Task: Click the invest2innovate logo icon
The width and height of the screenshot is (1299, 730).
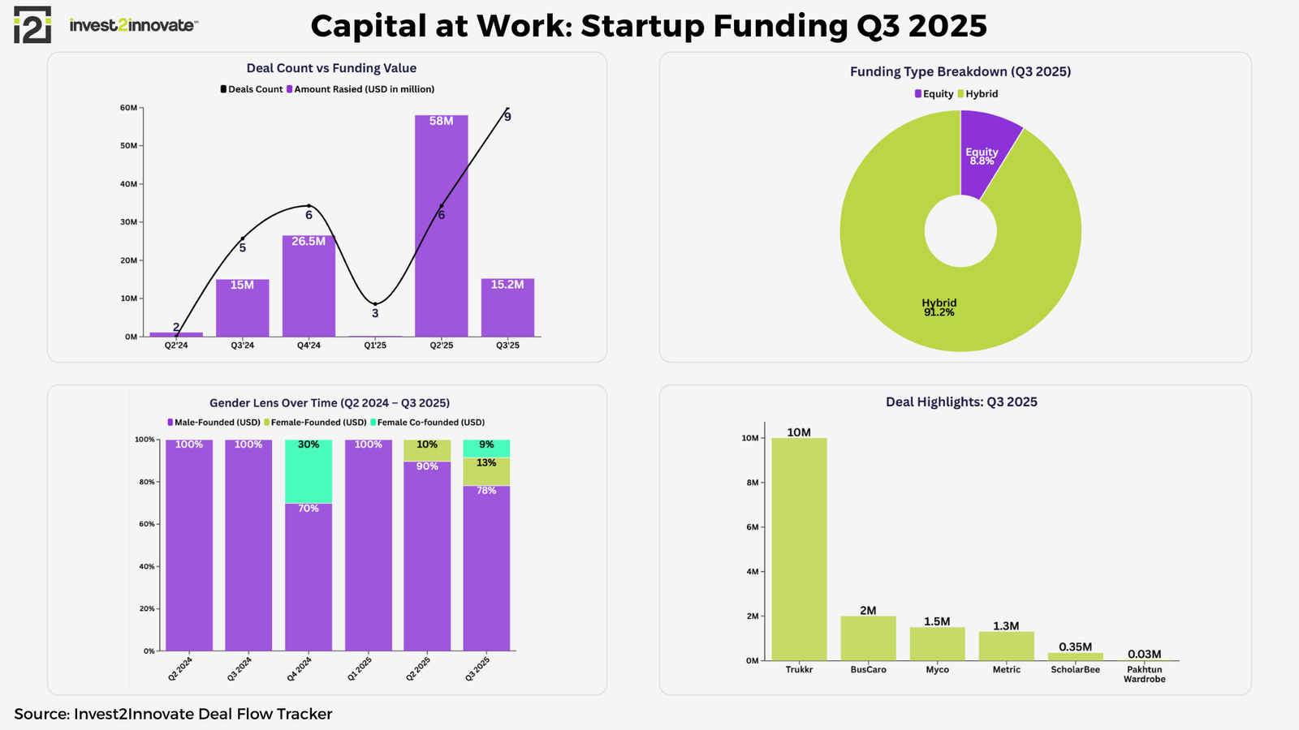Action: tap(32, 24)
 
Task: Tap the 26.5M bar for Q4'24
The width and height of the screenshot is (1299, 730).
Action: tap(309, 288)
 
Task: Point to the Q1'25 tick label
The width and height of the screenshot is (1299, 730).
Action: tap(375, 346)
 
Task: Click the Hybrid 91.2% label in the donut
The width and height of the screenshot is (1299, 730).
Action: tap(939, 307)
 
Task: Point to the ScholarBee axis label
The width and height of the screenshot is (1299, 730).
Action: tap(1075, 670)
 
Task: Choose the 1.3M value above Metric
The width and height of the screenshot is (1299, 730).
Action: tap(1006, 626)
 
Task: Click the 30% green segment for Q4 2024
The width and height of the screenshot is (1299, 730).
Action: tap(309, 472)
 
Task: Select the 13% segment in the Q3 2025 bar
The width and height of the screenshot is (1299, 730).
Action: tap(486, 471)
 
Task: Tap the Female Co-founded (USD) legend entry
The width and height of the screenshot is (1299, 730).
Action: tap(427, 423)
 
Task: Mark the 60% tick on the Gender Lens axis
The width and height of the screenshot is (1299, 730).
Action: tap(146, 525)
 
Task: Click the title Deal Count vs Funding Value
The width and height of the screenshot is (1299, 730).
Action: tap(331, 69)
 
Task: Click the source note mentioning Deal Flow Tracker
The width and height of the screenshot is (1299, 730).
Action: tap(173, 714)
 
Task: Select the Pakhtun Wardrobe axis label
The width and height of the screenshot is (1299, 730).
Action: tap(1144, 674)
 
